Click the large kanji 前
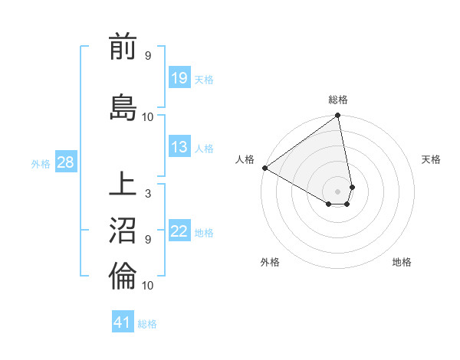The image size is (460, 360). click(x=123, y=48)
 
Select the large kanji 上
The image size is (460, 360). click(x=123, y=185)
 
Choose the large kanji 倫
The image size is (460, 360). click(x=123, y=275)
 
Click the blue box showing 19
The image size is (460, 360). click(x=179, y=78)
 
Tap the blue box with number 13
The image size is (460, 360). click(x=179, y=148)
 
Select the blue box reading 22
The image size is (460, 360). click(x=179, y=232)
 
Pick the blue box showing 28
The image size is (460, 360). click(x=65, y=162)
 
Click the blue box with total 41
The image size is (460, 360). click(x=123, y=322)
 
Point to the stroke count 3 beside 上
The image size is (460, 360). click(x=148, y=193)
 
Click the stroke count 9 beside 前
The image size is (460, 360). click(x=148, y=55)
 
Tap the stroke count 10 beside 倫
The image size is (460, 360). click(x=148, y=285)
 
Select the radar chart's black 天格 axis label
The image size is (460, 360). click(x=431, y=159)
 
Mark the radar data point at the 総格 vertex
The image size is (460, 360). click(x=338, y=116)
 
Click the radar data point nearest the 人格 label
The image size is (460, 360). click(x=264, y=168)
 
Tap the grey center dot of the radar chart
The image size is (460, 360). click(x=338, y=190)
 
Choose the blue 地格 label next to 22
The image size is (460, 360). click(x=204, y=233)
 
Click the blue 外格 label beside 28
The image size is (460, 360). click(x=41, y=163)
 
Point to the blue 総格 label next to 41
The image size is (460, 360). click(x=147, y=323)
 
